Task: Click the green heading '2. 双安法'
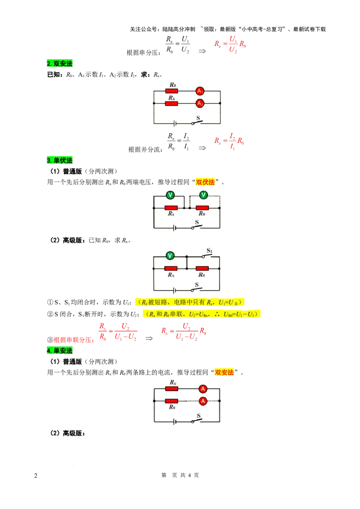point(59,63)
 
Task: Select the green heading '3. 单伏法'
point(59,160)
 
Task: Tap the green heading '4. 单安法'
point(59,351)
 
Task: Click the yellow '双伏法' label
point(205,182)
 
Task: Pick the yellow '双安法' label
point(224,372)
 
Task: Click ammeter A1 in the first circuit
point(200,91)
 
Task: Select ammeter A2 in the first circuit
point(200,103)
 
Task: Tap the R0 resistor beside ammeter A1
point(171,91)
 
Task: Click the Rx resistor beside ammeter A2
point(171,103)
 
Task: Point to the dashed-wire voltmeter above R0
point(203,195)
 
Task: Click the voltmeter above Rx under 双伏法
point(170,195)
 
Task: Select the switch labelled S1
point(207,256)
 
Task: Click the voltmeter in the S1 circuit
point(170,256)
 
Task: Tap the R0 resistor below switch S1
point(202,268)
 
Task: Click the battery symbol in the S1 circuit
point(175,290)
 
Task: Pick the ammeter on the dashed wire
point(203,401)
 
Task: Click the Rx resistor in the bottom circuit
point(171,388)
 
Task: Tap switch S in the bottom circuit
point(197,421)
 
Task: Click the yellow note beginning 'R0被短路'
point(189,302)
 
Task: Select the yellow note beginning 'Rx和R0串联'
point(202,314)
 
